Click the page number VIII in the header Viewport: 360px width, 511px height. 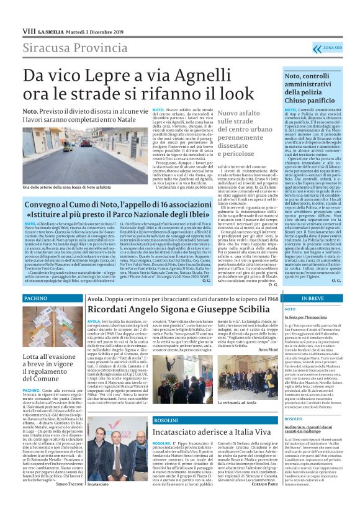click(28, 30)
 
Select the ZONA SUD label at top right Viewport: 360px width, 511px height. click(333, 48)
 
